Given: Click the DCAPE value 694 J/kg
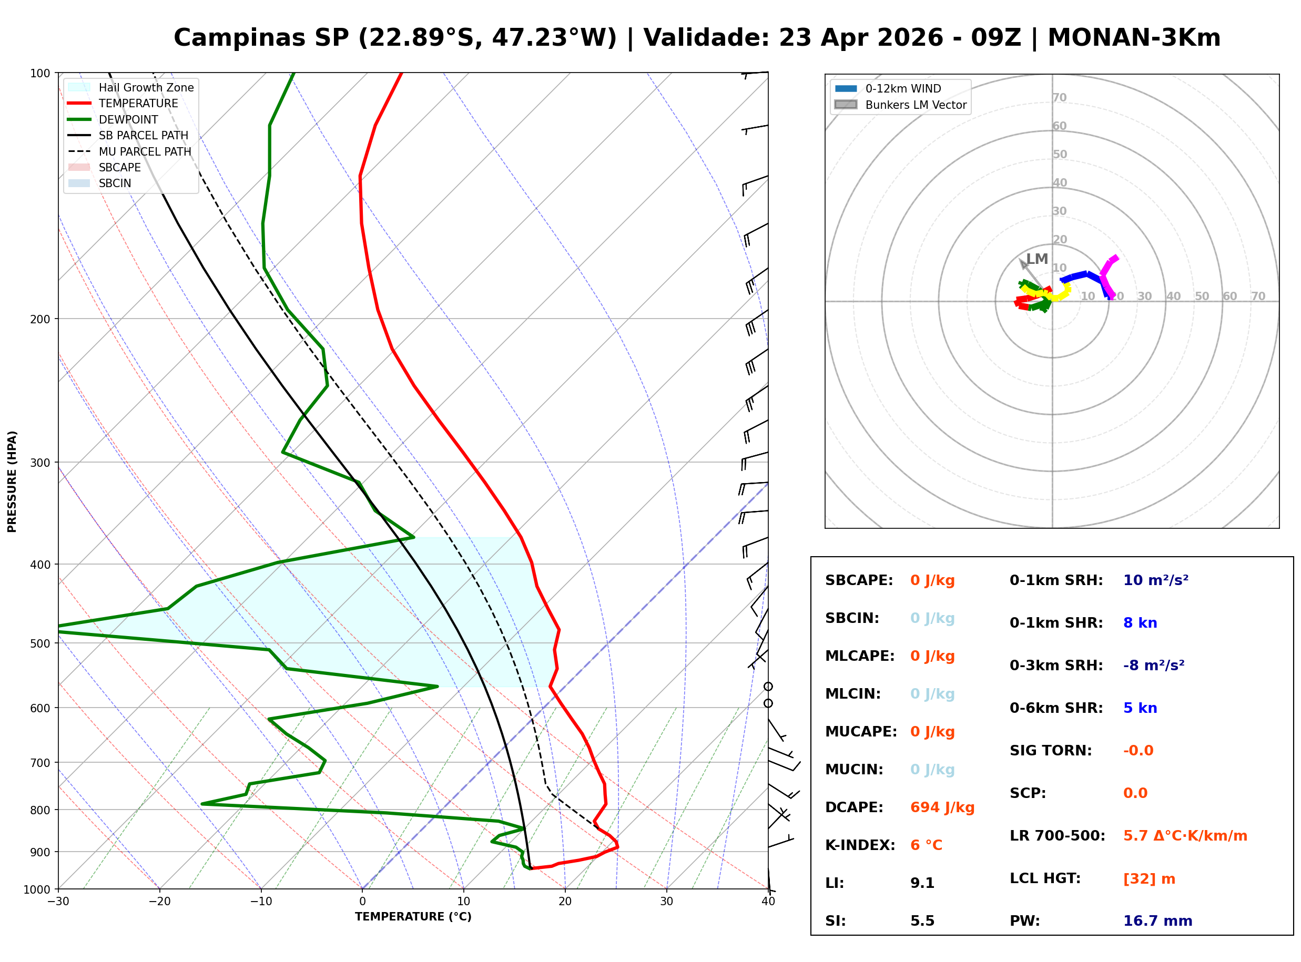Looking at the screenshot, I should (942, 807).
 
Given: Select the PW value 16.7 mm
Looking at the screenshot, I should (1157, 920).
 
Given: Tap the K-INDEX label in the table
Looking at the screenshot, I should (860, 845).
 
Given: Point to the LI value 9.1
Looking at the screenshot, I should (922, 883).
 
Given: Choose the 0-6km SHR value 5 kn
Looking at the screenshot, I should (1140, 708).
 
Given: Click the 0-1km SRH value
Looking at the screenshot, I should (1155, 580).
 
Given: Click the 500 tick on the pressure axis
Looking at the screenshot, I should (40, 643).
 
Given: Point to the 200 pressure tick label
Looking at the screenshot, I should (40, 319).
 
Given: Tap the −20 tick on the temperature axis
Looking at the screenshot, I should (159, 902).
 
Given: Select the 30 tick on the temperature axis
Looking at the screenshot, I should (666, 902).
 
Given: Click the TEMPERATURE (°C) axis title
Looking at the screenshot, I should (413, 917).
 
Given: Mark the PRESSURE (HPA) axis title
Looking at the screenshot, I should (12, 481).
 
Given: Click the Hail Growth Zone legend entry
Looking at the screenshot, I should (146, 87).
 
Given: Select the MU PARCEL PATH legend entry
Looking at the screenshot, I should (145, 151).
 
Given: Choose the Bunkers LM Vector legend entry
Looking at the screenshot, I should (915, 105).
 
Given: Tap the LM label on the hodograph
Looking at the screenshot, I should (1036, 259).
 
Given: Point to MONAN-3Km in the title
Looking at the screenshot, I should (1133, 38).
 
